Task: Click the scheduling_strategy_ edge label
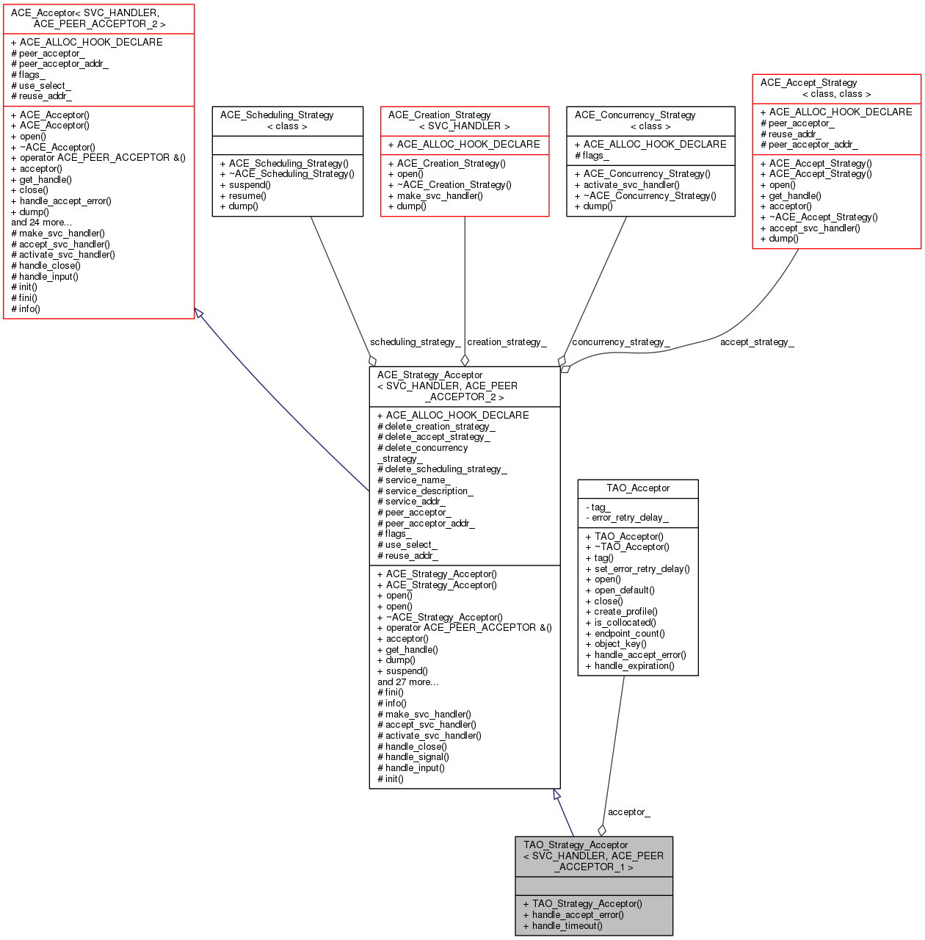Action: click(x=415, y=342)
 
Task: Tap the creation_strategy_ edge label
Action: click(x=507, y=342)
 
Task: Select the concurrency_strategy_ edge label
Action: click(x=620, y=342)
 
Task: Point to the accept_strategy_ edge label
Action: click(x=757, y=342)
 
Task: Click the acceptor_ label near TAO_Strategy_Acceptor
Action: click(x=628, y=811)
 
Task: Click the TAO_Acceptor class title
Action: click(x=638, y=488)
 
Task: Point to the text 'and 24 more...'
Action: click(x=41, y=223)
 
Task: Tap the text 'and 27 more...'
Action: click(x=408, y=682)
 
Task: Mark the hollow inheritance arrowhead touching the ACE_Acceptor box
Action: click(x=199, y=313)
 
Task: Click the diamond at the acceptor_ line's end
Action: click(x=602, y=831)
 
